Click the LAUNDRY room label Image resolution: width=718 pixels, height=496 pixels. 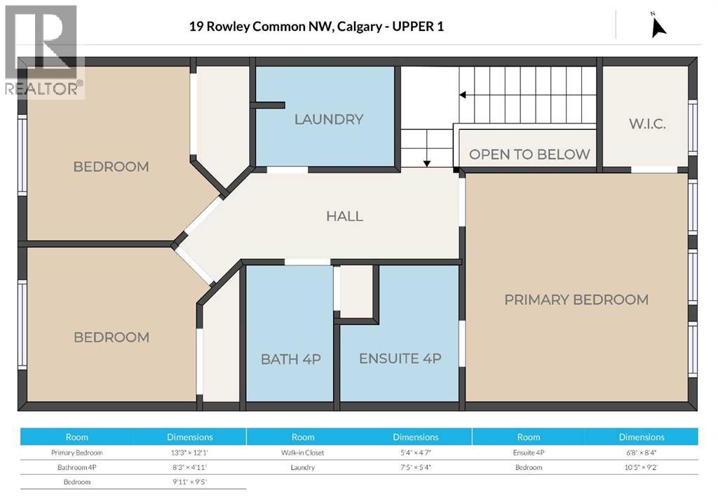tap(328, 119)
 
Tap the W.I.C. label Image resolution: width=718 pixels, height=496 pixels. tap(646, 124)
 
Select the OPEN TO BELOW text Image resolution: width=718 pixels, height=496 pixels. tap(529, 154)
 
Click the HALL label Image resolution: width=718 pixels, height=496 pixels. tap(344, 216)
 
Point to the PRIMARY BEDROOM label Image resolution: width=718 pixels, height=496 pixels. tap(576, 300)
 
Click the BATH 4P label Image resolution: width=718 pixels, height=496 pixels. tap(290, 359)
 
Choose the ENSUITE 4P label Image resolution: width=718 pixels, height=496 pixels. tap(400, 358)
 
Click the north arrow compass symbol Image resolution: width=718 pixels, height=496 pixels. tap(658, 25)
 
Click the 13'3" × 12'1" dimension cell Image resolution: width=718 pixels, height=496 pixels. tap(189, 453)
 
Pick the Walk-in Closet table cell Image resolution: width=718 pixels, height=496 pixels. tap(303, 453)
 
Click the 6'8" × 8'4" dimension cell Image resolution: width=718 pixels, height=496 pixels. tap(641, 453)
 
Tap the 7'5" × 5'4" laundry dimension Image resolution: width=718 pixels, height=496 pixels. tap(416, 467)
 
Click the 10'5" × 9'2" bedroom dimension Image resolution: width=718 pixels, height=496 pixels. tap(641, 467)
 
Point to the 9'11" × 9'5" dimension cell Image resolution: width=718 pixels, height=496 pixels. tap(189, 482)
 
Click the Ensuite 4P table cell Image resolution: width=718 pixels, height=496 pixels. tap(529, 453)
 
